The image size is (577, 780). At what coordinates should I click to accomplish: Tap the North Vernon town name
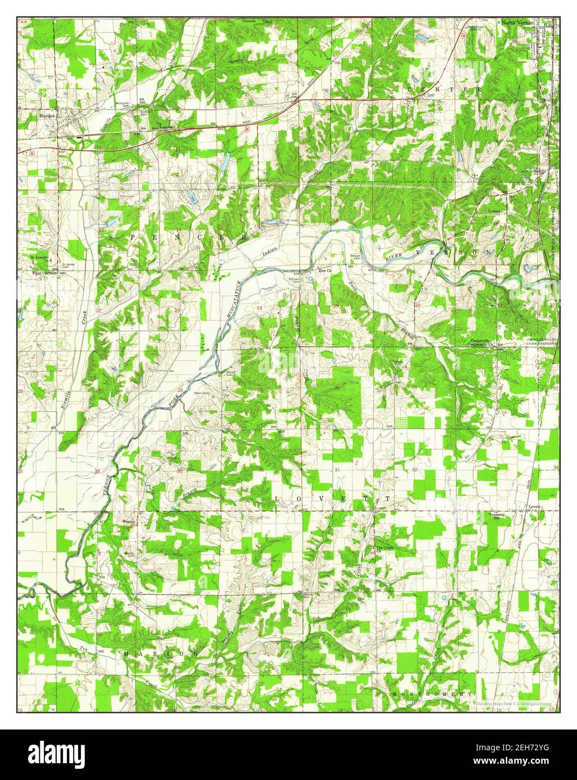pos(518,22)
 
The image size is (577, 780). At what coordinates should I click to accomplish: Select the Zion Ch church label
pos(326,270)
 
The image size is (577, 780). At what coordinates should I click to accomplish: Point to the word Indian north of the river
pos(271,250)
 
